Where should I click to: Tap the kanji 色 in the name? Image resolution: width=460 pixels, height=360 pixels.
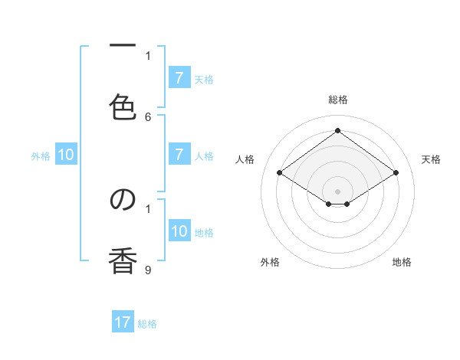(x=123, y=106)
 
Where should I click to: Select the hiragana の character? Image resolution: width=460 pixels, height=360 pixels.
(x=123, y=199)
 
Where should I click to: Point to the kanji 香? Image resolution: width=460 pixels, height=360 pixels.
(x=123, y=260)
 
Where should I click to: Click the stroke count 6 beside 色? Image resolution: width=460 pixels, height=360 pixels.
(x=148, y=116)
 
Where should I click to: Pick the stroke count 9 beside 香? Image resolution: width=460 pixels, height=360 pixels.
(x=148, y=270)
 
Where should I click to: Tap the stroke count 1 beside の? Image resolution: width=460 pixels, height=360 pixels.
(x=148, y=208)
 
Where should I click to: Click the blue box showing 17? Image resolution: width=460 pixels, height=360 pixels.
(x=123, y=322)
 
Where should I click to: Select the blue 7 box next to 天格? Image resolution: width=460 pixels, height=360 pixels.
(x=179, y=77)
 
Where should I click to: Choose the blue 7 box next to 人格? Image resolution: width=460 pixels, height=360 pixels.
(x=179, y=155)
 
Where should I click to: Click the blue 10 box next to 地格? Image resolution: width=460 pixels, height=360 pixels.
(x=179, y=231)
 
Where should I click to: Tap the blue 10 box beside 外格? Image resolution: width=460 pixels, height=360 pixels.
(x=66, y=155)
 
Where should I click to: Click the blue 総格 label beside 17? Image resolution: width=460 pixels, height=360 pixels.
(x=147, y=324)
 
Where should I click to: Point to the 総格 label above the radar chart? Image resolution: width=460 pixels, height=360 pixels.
(x=337, y=100)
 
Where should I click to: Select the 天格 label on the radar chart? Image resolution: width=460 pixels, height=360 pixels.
(x=431, y=159)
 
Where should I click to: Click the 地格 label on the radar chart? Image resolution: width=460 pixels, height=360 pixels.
(x=402, y=262)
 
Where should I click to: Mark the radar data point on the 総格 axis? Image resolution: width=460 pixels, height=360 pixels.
(x=337, y=131)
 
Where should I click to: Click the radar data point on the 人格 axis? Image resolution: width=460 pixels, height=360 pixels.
(x=279, y=173)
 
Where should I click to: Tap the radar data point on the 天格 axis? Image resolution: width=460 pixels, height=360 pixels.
(x=396, y=173)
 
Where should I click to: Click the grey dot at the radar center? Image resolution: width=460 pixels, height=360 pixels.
(x=337, y=191)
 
